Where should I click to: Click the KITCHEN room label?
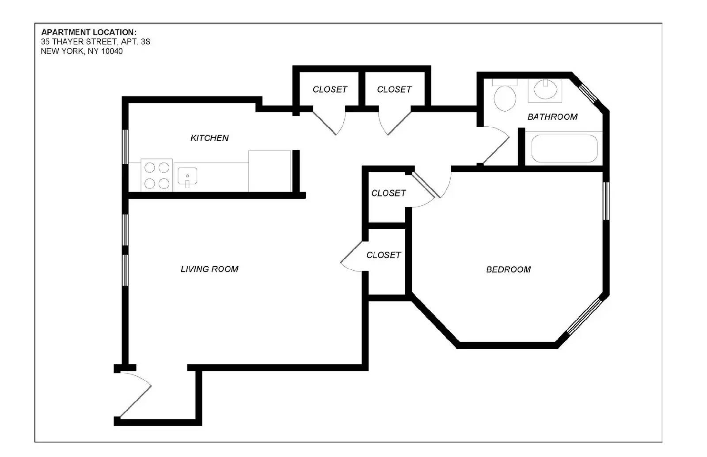click(209, 138)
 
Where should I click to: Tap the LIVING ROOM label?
click(209, 269)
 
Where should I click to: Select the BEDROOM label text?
click(508, 270)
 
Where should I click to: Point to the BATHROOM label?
click(552, 117)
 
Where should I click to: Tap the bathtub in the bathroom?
click(564, 148)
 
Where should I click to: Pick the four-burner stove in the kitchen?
click(156, 175)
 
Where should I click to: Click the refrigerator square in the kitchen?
click(270, 171)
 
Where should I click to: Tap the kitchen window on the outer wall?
click(125, 147)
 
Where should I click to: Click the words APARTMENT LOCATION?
click(89, 33)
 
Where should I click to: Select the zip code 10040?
click(112, 51)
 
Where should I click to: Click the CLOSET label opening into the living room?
click(384, 255)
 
